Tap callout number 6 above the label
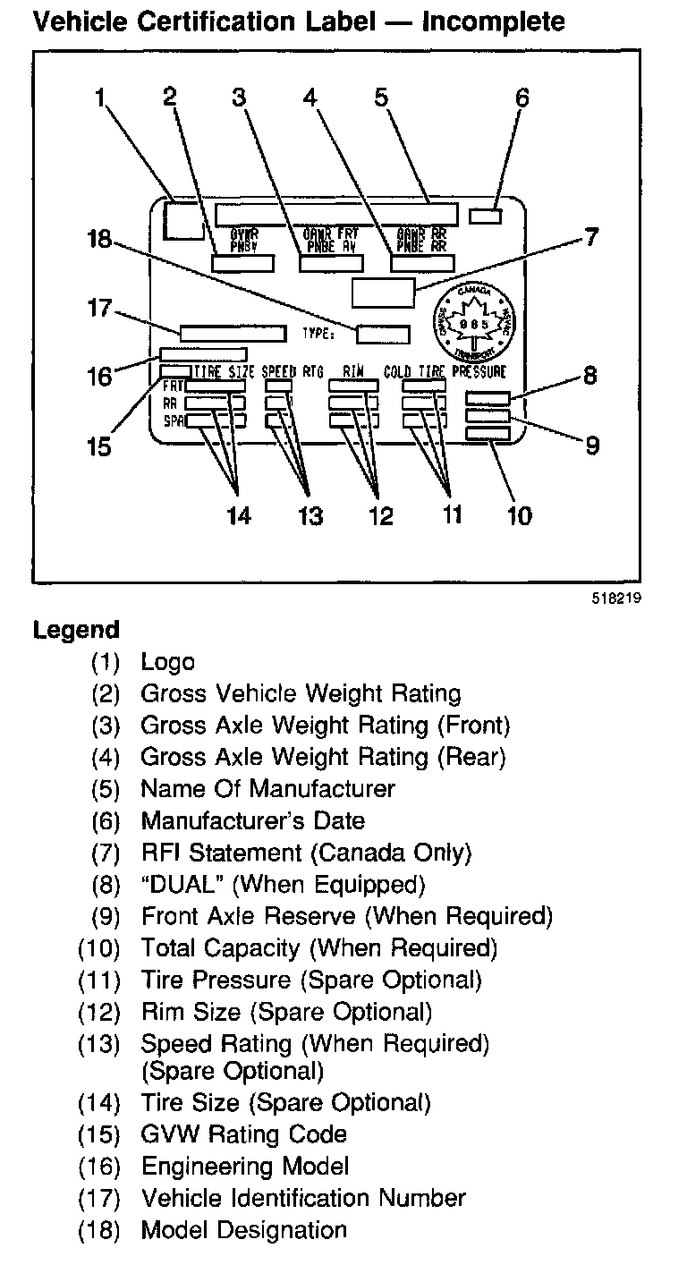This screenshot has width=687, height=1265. tap(522, 98)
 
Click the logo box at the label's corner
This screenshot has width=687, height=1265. tap(184, 220)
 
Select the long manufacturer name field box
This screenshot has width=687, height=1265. tap(335, 214)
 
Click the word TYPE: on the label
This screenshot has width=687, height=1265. tap(318, 335)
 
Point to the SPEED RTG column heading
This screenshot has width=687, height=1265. tap(293, 371)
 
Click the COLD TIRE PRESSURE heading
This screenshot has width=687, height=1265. tap(445, 371)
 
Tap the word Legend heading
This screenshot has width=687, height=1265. tap(76, 630)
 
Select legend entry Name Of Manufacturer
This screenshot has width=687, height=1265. tap(267, 789)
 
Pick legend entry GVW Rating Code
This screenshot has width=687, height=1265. tap(243, 1134)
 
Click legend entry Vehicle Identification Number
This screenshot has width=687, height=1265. tap(303, 1198)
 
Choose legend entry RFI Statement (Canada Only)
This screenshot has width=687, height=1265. tap(306, 853)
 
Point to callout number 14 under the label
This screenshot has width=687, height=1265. tap(238, 515)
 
